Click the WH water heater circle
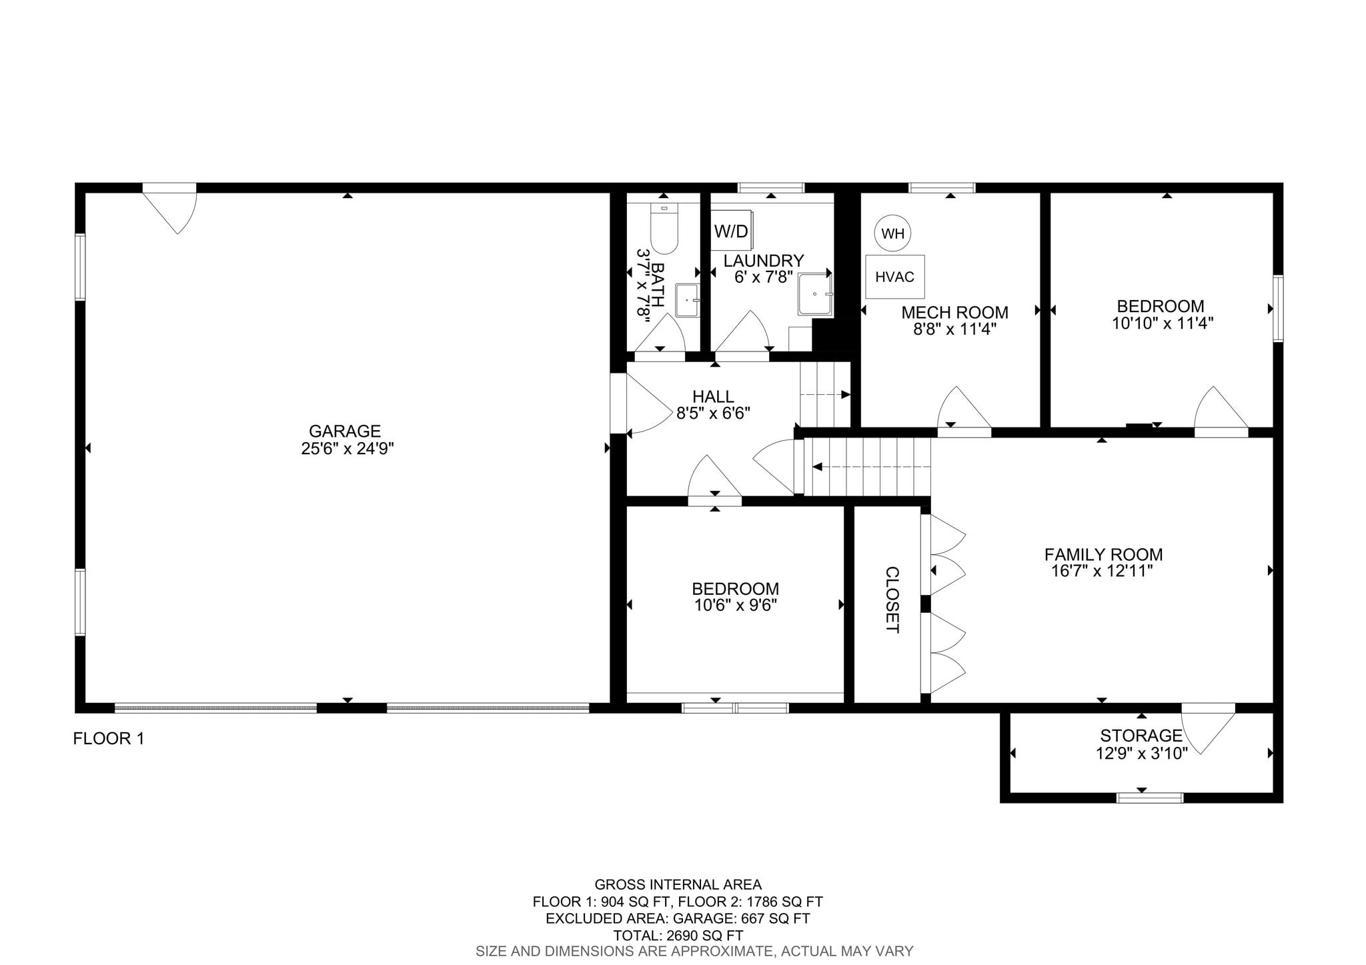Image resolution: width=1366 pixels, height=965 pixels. click(x=892, y=233)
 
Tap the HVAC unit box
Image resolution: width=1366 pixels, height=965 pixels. click(x=895, y=277)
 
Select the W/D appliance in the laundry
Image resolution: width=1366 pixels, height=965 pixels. click(x=732, y=231)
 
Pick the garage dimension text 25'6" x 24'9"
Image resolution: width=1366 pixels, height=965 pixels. click(x=348, y=449)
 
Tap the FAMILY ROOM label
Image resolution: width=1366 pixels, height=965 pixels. click(x=1103, y=554)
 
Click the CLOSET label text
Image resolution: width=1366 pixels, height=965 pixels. click(x=892, y=600)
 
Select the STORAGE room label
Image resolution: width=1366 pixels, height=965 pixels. click(x=1141, y=736)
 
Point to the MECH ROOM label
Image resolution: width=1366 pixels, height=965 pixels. click(x=954, y=312)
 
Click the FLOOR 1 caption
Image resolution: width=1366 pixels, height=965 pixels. click(x=109, y=739)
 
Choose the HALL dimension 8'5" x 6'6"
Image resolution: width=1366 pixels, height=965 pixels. click(x=714, y=413)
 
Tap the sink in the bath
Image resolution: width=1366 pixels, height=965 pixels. click(x=687, y=300)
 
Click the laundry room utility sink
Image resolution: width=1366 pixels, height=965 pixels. click(x=816, y=295)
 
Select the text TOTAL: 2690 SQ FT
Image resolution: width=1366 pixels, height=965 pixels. click(x=678, y=936)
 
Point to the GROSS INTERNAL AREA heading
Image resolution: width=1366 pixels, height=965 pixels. click(x=678, y=885)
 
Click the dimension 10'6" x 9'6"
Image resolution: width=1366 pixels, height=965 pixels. click(x=735, y=606)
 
